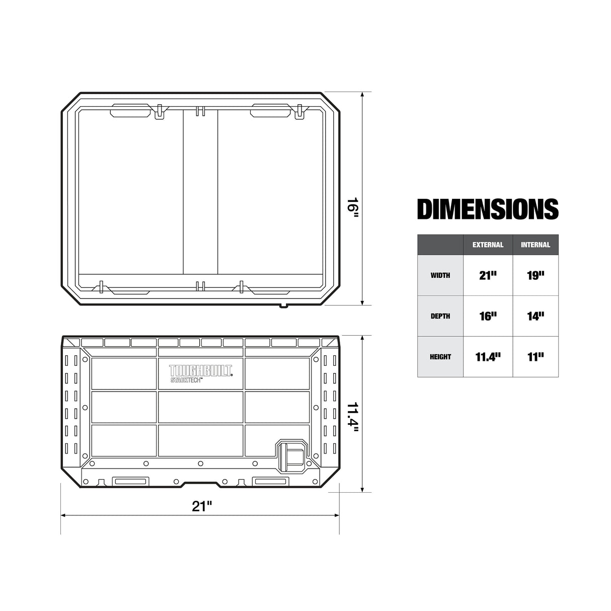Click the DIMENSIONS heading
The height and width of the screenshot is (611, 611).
tap(488, 209)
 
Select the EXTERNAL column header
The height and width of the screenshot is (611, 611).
tap(488, 245)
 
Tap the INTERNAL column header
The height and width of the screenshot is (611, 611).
tap(536, 245)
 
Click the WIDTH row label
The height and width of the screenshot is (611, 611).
tap(440, 275)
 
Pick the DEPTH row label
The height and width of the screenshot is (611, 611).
tap(440, 316)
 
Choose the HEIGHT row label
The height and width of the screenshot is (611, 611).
tap(440, 357)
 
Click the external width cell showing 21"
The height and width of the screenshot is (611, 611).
tap(488, 275)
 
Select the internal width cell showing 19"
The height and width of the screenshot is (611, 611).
tap(536, 275)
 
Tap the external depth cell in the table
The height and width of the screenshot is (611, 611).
tap(488, 316)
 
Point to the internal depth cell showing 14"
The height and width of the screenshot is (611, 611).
tap(536, 316)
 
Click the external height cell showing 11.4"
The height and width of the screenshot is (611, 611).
tap(488, 357)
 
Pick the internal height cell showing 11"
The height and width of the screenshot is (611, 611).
tap(536, 357)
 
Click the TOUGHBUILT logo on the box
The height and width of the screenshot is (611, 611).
tap(201, 371)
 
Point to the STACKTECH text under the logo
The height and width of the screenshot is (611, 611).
tap(186, 380)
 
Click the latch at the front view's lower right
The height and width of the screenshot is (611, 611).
tap(292, 456)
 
